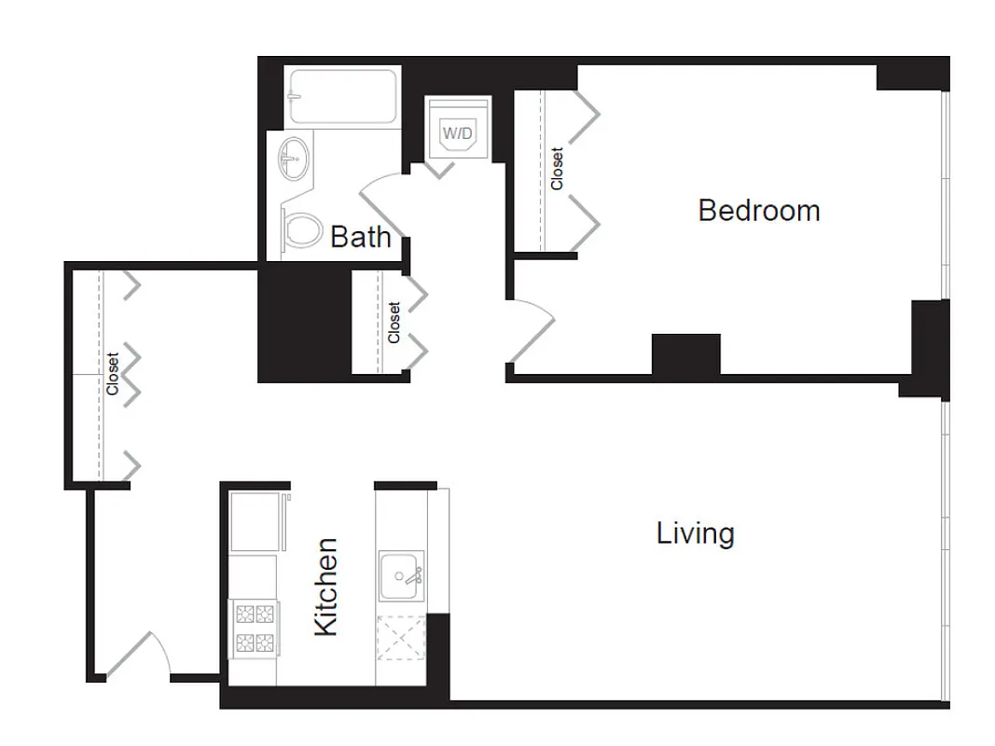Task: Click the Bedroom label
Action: coord(758,211)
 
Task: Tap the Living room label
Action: coord(695,533)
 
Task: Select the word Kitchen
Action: coord(325,587)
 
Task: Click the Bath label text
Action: coord(360,237)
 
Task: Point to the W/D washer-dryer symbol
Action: coord(457,133)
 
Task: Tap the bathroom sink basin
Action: coord(293,158)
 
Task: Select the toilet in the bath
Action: coord(299,229)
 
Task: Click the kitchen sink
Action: coord(402,574)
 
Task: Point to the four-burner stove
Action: coord(254,629)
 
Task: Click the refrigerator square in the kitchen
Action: coord(255,521)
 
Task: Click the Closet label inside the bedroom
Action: coord(557,169)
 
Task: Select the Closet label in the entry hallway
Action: coord(112,373)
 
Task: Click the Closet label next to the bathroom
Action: coord(394,322)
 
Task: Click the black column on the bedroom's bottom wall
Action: coord(685,353)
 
